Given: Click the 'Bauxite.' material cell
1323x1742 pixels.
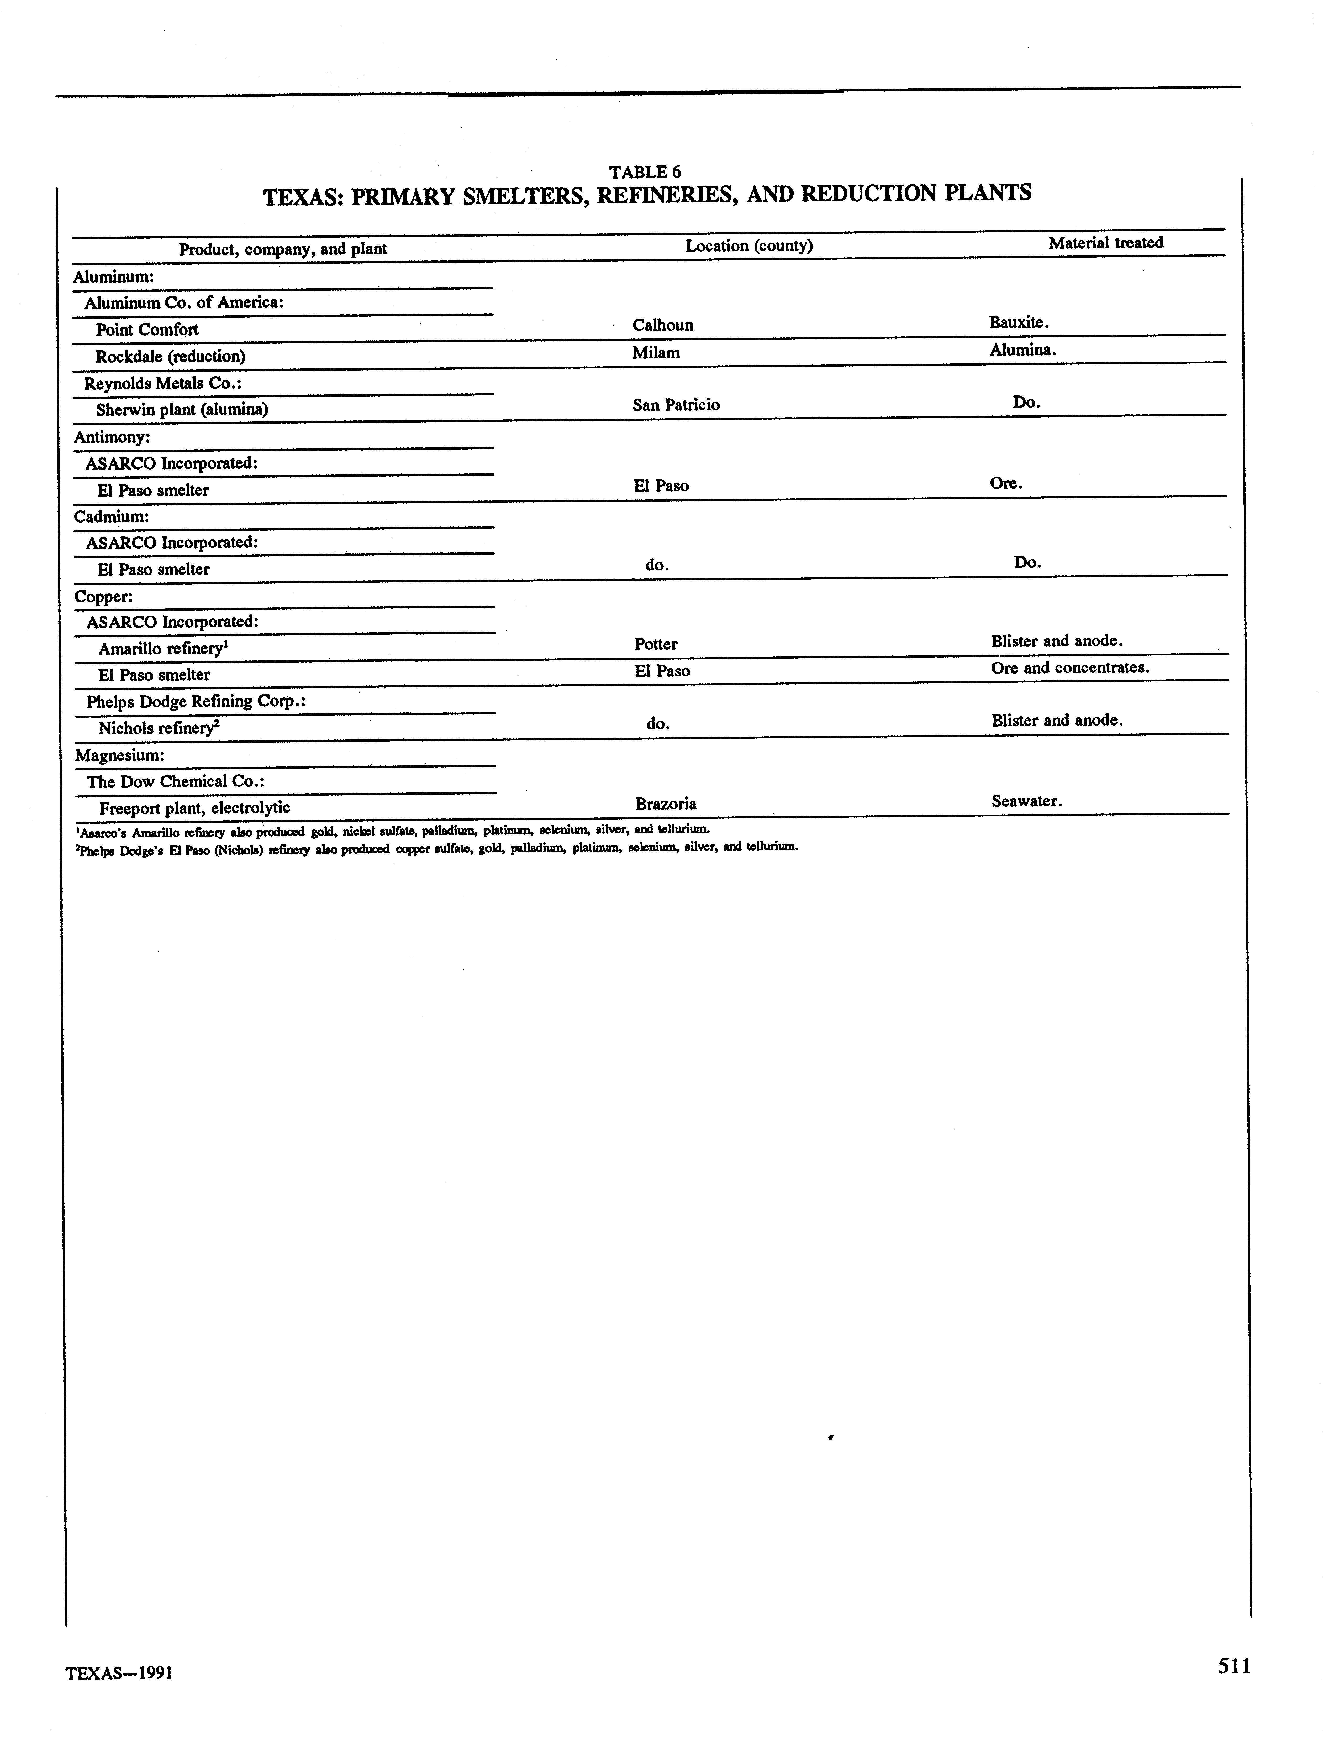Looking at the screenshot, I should click(x=1019, y=322).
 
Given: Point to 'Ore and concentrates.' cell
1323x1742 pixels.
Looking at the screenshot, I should click(x=1070, y=667).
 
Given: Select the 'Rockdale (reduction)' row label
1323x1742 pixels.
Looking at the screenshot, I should click(x=170, y=356).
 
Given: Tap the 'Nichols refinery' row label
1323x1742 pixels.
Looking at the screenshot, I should click(x=157, y=728).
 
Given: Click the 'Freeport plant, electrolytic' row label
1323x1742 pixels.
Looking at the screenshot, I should click(x=194, y=807).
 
